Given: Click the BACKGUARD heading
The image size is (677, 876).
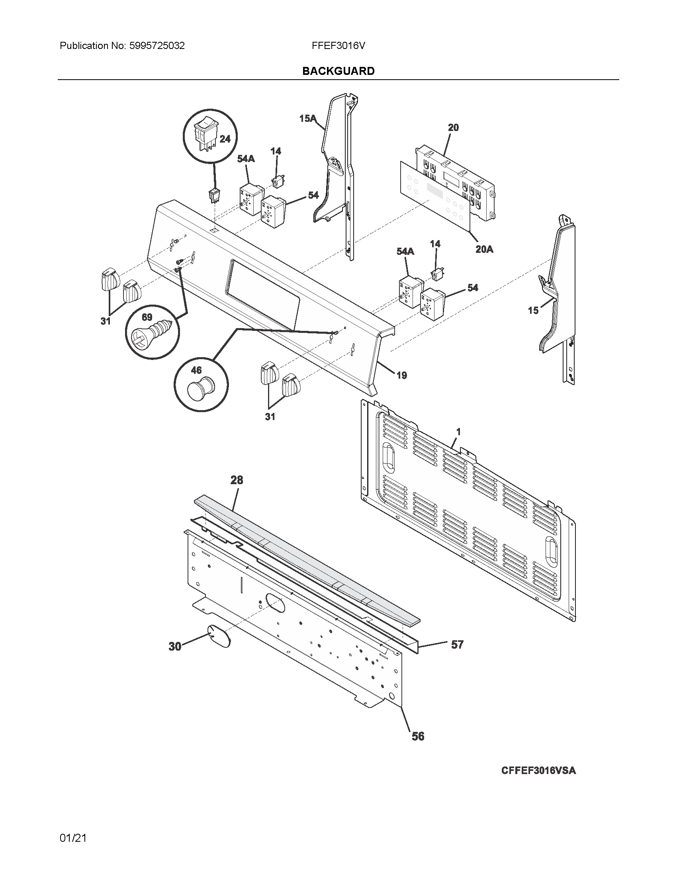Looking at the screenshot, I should (338, 71).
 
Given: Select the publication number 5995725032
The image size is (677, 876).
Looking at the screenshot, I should (157, 46).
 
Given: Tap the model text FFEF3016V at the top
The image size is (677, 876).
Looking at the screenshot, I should (338, 46).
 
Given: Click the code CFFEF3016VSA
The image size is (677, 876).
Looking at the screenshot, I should (538, 770).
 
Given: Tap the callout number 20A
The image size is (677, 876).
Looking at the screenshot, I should (484, 249).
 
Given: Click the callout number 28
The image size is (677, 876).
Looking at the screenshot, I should (237, 480).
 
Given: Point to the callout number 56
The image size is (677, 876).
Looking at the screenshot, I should (418, 736).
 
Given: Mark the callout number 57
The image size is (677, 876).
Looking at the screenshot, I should (457, 645).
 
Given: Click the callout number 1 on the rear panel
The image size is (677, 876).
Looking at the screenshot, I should (458, 432).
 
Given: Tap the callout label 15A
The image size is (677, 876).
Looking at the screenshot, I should (307, 118).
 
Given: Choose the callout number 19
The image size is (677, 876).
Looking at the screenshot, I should (401, 375).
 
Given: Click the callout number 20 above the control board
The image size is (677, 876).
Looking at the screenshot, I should (453, 127).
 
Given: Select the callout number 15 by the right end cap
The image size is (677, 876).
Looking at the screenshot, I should (533, 310).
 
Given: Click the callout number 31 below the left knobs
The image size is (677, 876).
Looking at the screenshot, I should (106, 321).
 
